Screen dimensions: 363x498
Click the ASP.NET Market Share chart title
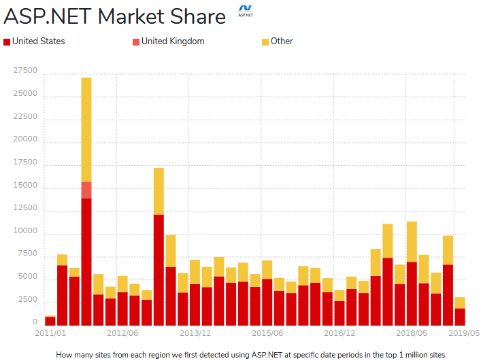click(115, 16)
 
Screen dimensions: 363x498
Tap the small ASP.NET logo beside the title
click(244, 12)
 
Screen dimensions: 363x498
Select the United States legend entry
click(39, 41)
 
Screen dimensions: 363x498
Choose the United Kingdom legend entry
click(173, 41)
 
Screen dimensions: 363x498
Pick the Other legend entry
click(282, 41)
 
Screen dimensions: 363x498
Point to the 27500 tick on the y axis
click(25, 70)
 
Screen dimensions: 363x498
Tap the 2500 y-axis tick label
click(27, 299)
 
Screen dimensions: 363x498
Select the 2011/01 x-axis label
click(50, 334)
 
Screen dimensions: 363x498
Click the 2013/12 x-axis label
click(195, 334)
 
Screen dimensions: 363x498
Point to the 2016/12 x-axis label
click(339, 334)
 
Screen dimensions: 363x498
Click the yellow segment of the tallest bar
click(86, 129)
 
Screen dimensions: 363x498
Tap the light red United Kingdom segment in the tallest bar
click(86, 190)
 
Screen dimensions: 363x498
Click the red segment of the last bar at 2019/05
click(460, 317)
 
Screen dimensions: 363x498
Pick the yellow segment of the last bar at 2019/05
click(460, 302)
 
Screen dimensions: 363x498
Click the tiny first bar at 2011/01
click(50, 322)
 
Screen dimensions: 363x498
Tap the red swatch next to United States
click(7, 42)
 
